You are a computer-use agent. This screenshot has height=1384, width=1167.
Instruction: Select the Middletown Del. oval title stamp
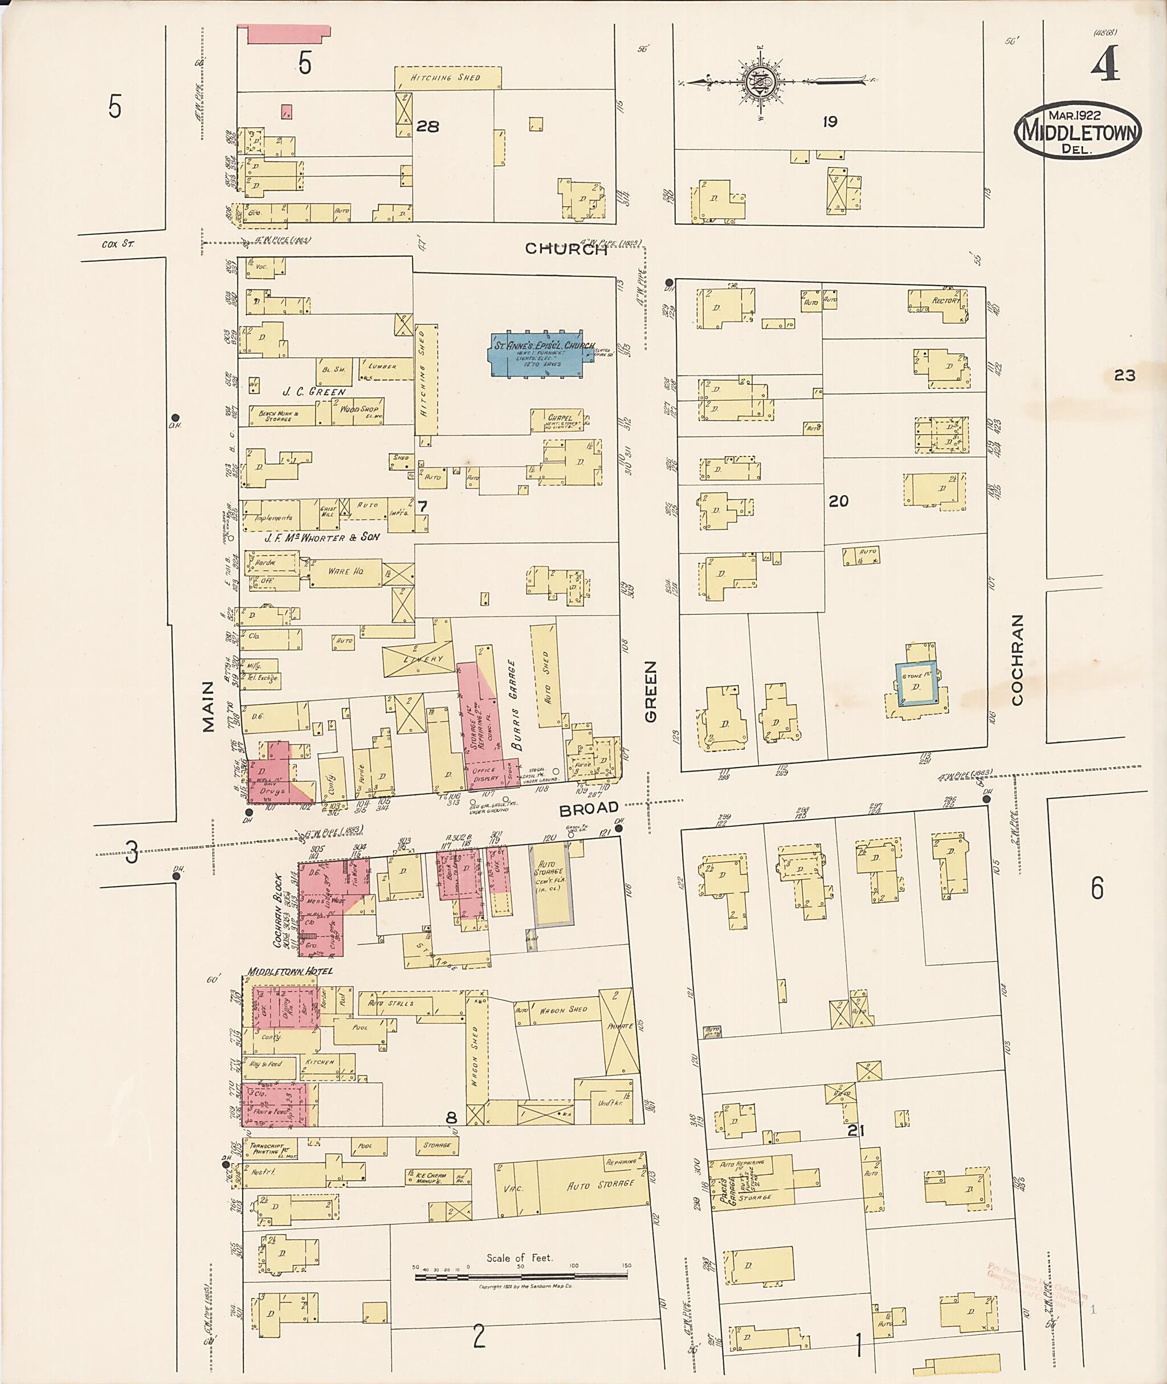[x=1078, y=130]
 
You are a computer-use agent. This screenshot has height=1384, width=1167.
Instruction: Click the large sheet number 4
[x=1105, y=64]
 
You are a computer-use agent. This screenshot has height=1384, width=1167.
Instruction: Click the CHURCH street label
[x=566, y=249]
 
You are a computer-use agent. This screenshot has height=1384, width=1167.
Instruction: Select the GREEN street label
[x=650, y=692]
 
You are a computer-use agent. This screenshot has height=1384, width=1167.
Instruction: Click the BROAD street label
[x=588, y=809]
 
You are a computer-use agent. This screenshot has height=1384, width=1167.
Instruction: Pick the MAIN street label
[x=209, y=707]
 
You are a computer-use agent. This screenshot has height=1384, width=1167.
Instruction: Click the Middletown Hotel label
[x=290, y=971]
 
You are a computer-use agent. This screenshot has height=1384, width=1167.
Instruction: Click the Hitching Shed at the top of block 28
[x=447, y=78]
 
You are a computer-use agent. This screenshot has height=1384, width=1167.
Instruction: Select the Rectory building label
[x=945, y=300]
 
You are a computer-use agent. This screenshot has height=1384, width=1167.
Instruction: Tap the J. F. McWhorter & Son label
[x=321, y=537]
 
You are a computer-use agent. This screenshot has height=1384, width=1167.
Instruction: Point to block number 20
[x=838, y=501]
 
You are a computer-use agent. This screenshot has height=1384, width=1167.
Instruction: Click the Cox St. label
[x=118, y=244]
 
